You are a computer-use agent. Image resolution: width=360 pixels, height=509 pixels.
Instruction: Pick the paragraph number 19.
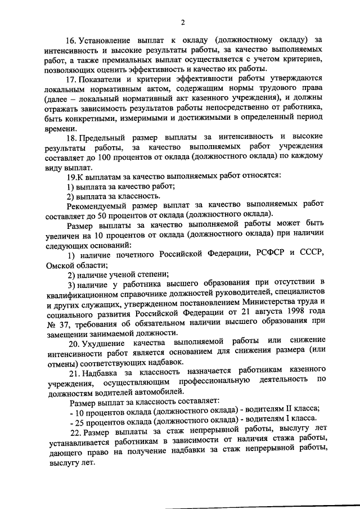[71, 176]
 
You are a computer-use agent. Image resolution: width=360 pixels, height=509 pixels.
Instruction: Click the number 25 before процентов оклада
[79, 421]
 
